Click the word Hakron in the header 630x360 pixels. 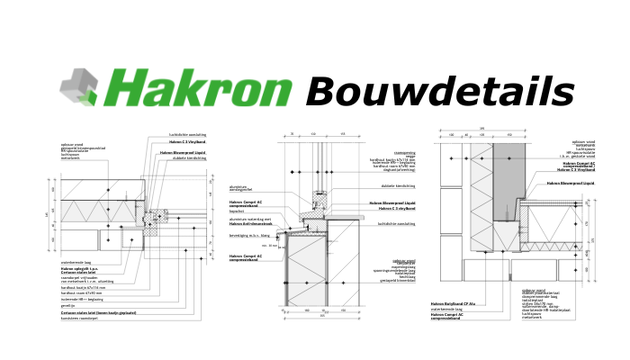tap(202, 91)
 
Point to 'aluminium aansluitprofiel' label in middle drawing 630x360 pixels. tap(244, 188)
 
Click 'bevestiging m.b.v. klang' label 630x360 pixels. tap(248, 235)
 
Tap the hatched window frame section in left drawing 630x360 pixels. tap(158, 217)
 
